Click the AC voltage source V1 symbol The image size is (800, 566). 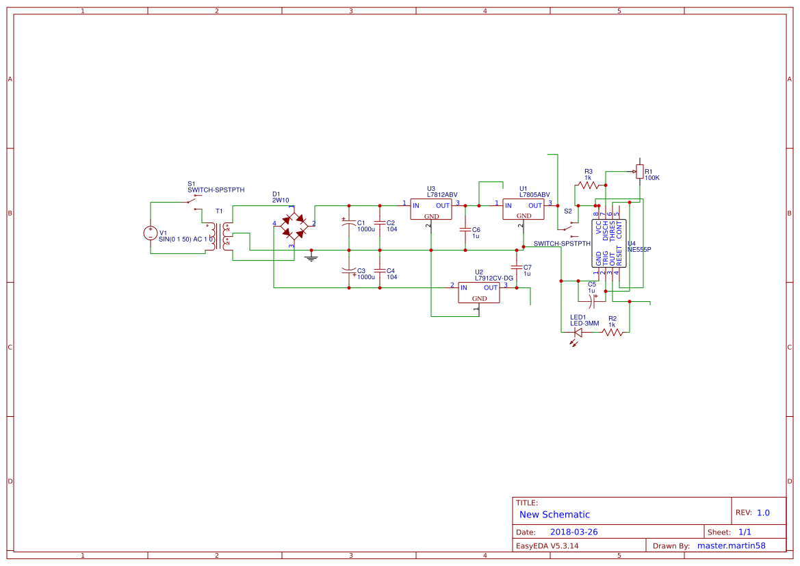click(150, 233)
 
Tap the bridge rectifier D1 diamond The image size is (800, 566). click(294, 225)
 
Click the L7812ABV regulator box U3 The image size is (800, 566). click(431, 209)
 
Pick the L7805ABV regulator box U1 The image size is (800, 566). click(524, 209)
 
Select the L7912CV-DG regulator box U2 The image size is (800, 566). click(479, 293)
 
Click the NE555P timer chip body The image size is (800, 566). click(608, 243)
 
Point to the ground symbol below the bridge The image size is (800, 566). click(311, 257)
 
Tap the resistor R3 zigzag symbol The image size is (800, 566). click(588, 185)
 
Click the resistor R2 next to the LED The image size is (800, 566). click(612, 332)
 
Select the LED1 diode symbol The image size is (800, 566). click(578, 333)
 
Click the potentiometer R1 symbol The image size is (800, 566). click(639, 171)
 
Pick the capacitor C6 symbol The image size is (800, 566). click(465, 229)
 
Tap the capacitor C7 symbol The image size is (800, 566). click(517, 268)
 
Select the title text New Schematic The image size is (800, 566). click(554, 515)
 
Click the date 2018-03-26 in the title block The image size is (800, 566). click(573, 532)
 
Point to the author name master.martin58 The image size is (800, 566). click(731, 546)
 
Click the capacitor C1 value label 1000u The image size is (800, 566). click(366, 229)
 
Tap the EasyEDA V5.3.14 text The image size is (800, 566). click(547, 546)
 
